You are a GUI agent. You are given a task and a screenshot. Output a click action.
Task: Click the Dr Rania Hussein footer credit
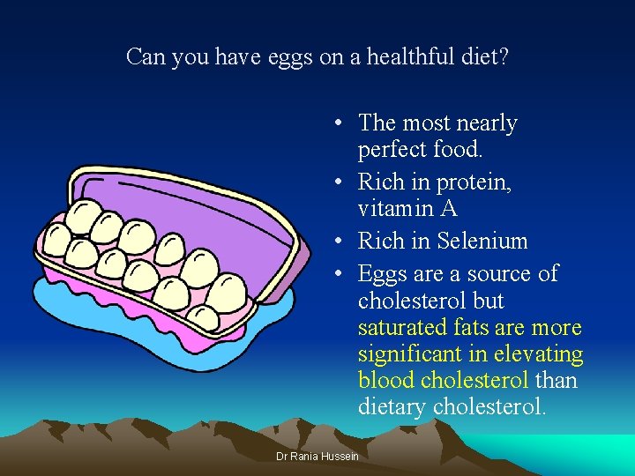tap(317, 456)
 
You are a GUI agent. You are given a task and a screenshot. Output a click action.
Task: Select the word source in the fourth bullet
tap(500, 274)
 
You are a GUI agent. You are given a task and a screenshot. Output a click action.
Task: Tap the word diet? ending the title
tap(487, 57)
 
